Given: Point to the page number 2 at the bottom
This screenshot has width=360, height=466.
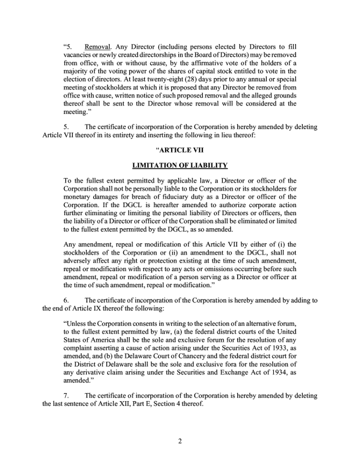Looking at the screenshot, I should coord(180,441).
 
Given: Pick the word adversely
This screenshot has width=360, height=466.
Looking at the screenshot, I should coord(77,261).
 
